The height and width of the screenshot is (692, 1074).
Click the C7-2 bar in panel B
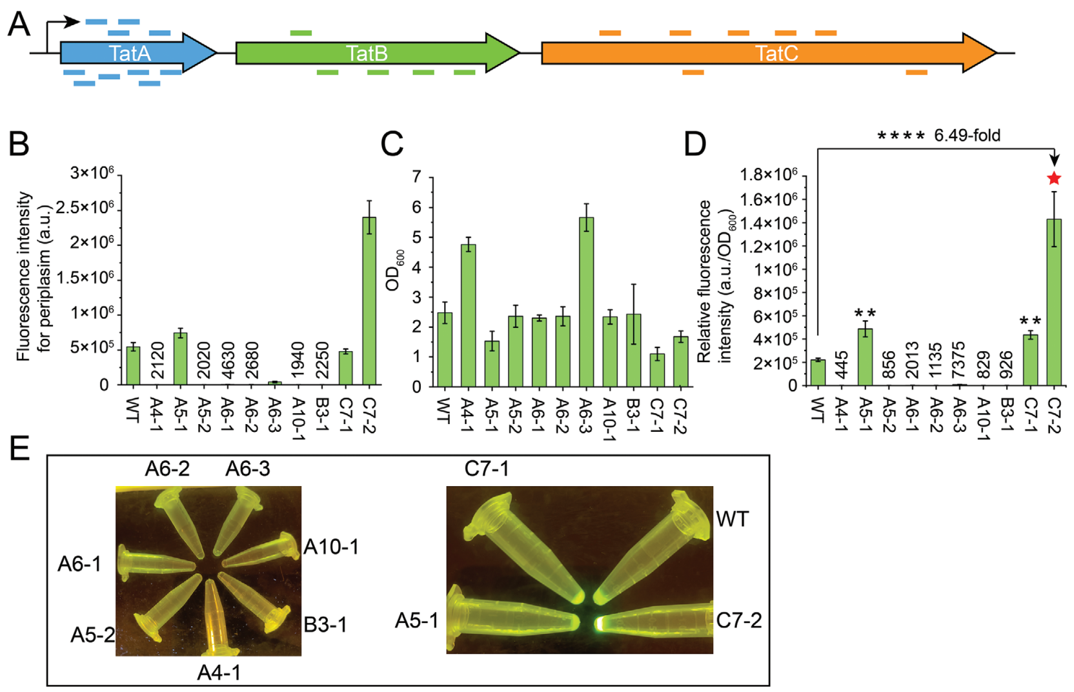[369, 300]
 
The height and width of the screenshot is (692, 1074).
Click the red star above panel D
[1054, 179]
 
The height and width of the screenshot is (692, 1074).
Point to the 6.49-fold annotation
[967, 136]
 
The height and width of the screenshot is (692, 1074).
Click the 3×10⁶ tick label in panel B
[92, 173]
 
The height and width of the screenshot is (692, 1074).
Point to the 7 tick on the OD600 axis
[416, 177]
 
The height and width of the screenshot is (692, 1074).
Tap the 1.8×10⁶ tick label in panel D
[768, 175]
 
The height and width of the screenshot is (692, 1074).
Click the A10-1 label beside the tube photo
[331, 547]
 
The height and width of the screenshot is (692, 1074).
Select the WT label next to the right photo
[733, 519]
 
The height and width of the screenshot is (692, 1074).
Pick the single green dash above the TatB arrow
[301, 32]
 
